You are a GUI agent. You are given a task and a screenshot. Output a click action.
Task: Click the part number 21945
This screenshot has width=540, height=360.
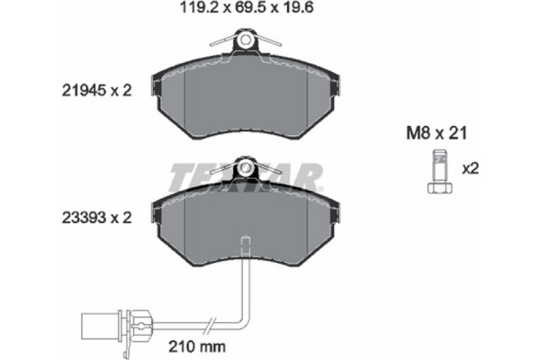click(82, 91)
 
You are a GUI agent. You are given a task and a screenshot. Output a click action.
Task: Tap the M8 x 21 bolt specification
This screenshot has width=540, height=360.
click(434, 132)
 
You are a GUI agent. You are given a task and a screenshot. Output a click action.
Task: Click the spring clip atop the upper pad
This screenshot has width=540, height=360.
click(244, 41)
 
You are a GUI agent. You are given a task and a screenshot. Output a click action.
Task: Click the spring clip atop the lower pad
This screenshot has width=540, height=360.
click(244, 168)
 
